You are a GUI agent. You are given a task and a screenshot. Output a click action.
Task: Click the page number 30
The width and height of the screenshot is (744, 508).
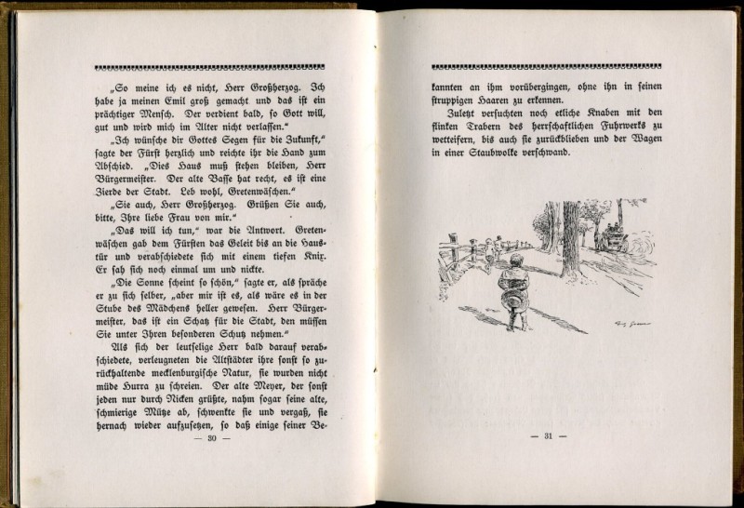(212, 437)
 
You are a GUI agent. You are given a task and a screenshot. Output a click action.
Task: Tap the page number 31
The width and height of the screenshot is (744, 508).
(548, 436)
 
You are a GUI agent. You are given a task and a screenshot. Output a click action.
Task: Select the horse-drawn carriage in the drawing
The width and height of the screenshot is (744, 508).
(612, 239)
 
